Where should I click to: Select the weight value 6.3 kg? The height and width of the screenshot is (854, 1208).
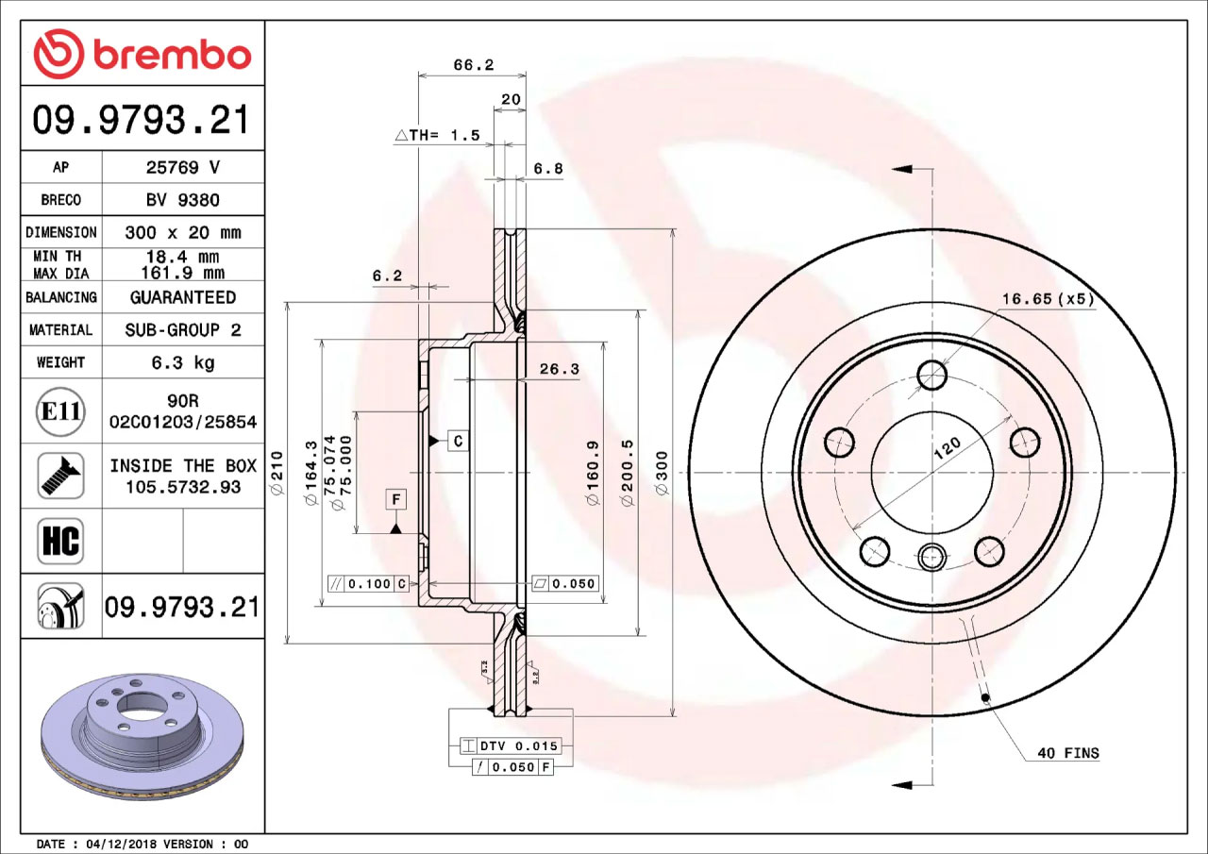[x=183, y=362]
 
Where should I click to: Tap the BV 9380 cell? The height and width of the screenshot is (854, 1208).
[x=183, y=200]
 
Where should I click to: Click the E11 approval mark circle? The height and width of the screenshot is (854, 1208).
[x=60, y=412]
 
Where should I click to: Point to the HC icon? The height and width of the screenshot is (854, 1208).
[x=60, y=541]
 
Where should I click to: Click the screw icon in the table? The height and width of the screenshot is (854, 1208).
[x=60, y=476]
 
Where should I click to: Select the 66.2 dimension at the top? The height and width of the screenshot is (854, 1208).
[x=474, y=65]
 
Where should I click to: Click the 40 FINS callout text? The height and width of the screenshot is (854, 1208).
[x=1067, y=753]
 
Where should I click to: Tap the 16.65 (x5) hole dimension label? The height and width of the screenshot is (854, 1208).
[x=1048, y=299]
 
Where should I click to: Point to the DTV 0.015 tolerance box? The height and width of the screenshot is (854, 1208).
[x=511, y=746]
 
